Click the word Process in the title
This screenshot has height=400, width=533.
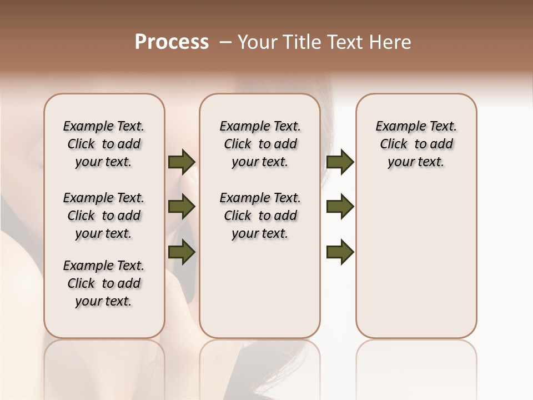(x=172, y=42)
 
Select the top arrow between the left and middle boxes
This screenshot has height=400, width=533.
(x=182, y=162)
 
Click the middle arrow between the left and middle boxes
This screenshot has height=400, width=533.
(x=182, y=207)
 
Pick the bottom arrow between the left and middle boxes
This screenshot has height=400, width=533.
(x=182, y=252)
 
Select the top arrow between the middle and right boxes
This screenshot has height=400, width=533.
(x=340, y=162)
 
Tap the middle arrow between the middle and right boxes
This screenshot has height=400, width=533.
(x=340, y=207)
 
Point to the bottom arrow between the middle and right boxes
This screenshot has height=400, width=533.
(x=340, y=252)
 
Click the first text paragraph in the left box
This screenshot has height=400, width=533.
(x=104, y=144)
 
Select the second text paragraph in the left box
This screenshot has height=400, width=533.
(x=104, y=216)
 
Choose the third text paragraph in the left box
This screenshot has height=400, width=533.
(x=104, y=283)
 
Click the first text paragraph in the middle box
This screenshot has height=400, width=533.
(x=260, y=144)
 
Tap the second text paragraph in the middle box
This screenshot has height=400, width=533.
(x=260, y=216)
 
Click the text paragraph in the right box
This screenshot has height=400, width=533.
(x=416, y=144)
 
